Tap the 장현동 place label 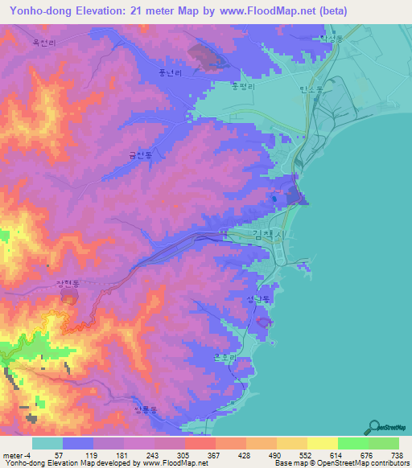(x=68, y=284)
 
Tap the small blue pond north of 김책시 (x=274, y=198)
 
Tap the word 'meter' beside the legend (x=11, y=454)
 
